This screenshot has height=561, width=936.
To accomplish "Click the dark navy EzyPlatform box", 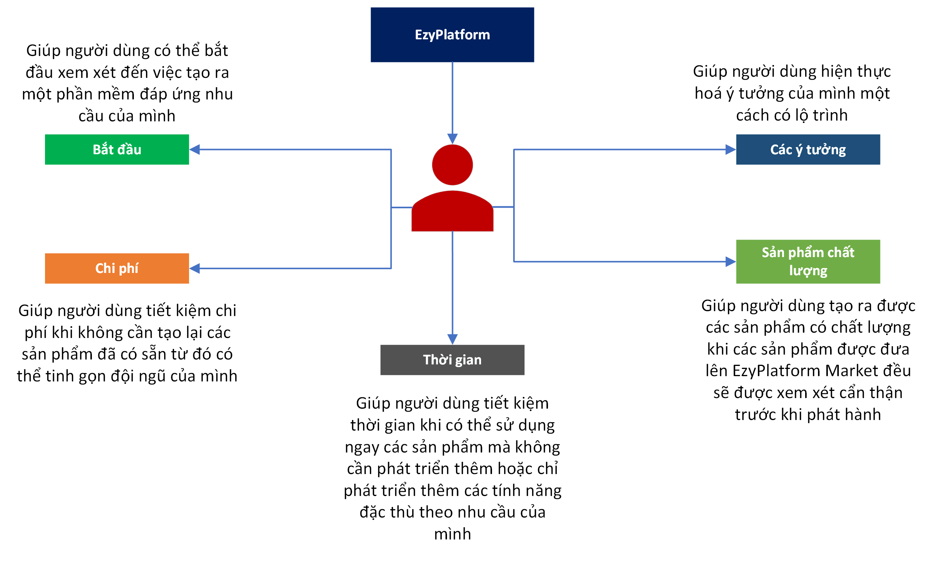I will [452, 35].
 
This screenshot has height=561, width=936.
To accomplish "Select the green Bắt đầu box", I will [117, 149].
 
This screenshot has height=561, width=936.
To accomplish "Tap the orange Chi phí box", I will [117, 268].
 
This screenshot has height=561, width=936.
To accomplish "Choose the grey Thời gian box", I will [452, 360].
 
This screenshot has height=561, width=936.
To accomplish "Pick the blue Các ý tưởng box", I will [808, 149].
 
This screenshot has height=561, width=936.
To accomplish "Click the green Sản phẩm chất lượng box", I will [808, 262].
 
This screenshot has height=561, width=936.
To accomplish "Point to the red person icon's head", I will [452, 165].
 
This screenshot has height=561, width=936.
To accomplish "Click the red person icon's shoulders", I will [452, 212].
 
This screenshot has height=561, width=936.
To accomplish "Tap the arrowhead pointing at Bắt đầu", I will [195, 150].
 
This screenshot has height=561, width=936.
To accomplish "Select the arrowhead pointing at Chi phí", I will [195, 268].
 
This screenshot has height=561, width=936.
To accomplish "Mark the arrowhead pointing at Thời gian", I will [452, 339].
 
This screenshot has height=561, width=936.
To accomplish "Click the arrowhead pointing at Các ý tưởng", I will [730, 150].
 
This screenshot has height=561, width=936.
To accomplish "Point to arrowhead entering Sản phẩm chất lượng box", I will [730, 262].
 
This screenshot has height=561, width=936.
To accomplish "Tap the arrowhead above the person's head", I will [452, 138].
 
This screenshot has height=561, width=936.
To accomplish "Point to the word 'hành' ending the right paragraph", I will [863, 415].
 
